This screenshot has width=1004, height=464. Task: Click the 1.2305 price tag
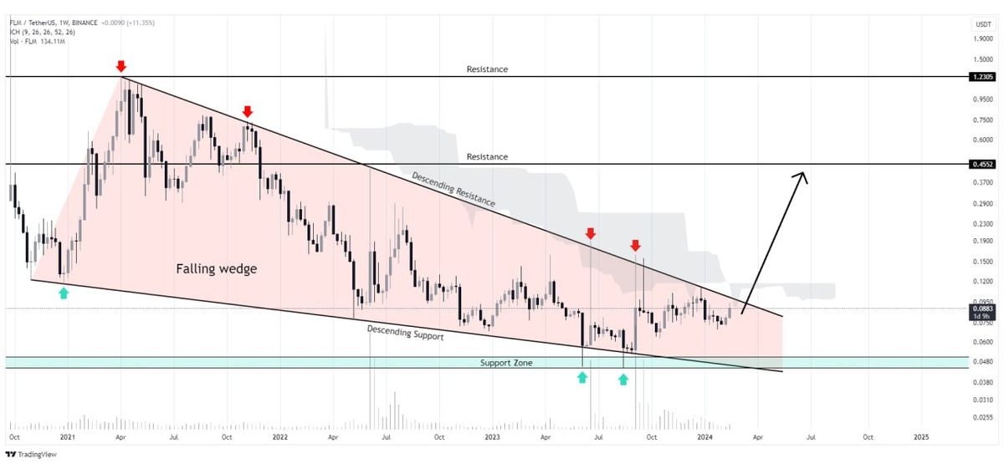(981, 77)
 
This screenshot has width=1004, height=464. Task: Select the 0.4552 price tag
(981, 165)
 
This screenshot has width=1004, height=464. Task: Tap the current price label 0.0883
(981, 308)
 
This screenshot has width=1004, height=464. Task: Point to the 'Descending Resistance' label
(453, 190)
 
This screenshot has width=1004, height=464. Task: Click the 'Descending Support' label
(405, 332)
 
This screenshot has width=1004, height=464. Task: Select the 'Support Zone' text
(506, 363)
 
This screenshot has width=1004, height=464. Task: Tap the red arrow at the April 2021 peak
(121, 66)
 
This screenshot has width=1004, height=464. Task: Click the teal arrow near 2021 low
(64, 292)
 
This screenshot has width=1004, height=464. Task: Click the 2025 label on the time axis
(921, 436)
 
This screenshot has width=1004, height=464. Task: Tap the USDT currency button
(981, 25)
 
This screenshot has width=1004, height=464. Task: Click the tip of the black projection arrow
(804, 173)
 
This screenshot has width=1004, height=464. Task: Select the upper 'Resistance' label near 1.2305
(487, 69)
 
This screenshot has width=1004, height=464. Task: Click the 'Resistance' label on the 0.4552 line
(487, 156)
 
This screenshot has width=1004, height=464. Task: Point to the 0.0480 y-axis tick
(981, 361)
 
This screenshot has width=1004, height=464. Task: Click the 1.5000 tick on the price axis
(981, 59)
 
